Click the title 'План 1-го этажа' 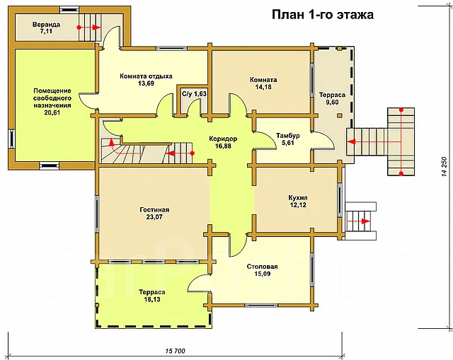coord(323,14)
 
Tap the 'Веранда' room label coord(46,24)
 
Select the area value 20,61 coord(52,112)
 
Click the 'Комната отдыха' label coord(146,76)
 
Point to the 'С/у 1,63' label coord(194,94)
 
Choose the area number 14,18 coord(263,87)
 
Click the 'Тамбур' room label coord(288,135)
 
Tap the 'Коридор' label coord(223,139)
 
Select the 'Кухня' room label coord(298,198)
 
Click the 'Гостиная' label coord(154,209)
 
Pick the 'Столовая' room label coord(262,267)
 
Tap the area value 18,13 coord(152,299)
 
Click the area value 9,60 coord(332,102)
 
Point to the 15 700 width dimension coord(175,351)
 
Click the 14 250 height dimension coord(445,167)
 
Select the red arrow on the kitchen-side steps coord(358,221)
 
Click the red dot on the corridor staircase coord(192,153)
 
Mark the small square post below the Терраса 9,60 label coord(340,115)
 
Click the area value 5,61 coord(288,143)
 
